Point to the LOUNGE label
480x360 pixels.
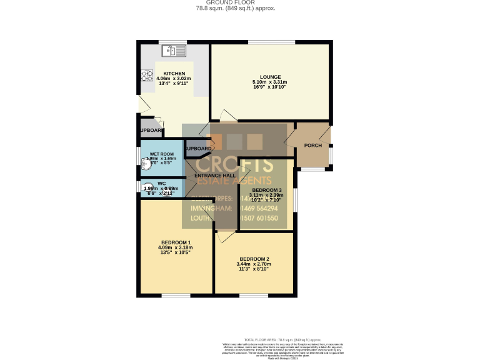pos(270,77)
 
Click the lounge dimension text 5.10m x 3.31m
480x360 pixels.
pos(270,82)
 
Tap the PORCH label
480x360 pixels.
pos(312,146)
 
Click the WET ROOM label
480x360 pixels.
pos(162,154)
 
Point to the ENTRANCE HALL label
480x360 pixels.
pos(215,176)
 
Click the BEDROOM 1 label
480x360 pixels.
pos(176,242)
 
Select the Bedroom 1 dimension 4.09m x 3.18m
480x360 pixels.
pos(176,247)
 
